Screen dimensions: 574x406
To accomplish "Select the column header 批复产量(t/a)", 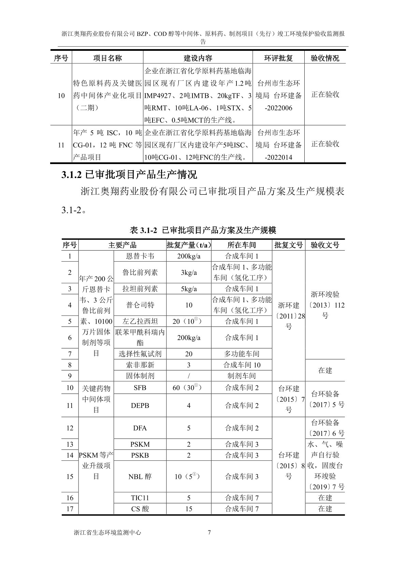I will tap(189, 245).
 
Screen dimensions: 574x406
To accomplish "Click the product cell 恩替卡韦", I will tap(140, 256).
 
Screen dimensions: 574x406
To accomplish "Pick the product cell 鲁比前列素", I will tap(140, 272).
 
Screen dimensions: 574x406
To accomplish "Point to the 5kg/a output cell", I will tap(189, 289).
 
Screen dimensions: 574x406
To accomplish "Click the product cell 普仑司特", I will tap(140, 305).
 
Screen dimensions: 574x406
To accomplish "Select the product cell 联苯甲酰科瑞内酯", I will tap(140, 337).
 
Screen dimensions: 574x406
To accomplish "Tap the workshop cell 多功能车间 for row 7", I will tap(242, 354).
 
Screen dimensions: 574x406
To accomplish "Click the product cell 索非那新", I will tap(140, 365).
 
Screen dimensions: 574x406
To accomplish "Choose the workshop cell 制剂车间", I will tap(242, 376).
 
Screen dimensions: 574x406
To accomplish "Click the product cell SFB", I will tap(140, 388).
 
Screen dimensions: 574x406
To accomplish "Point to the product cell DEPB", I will tap(140, 406).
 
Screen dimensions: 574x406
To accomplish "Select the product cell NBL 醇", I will tap(140, 476).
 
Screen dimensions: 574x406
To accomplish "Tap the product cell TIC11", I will tap(140, 498).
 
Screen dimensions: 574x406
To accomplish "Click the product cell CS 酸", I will tap(140, 509).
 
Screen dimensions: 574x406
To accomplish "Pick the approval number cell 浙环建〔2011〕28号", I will tap(289, 315).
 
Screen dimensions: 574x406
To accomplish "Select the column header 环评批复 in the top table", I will tap(278, 58).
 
